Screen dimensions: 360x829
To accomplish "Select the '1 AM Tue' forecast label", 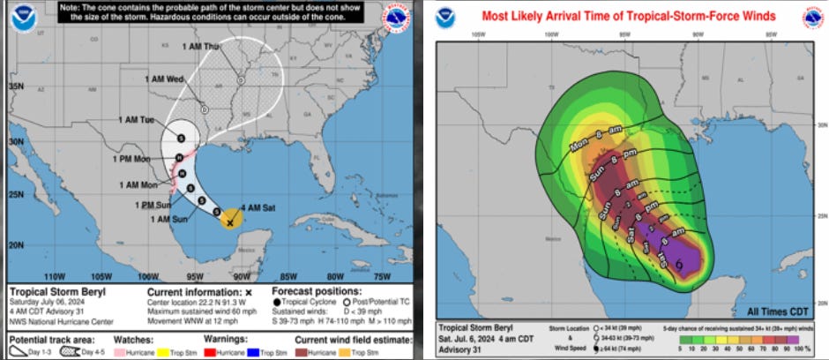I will coord(136,119).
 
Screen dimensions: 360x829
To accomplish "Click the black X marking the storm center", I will coord(229,223).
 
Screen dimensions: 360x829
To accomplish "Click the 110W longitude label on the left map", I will coord(55,274).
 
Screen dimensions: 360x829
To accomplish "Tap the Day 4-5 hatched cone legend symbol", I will coord(64,351).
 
